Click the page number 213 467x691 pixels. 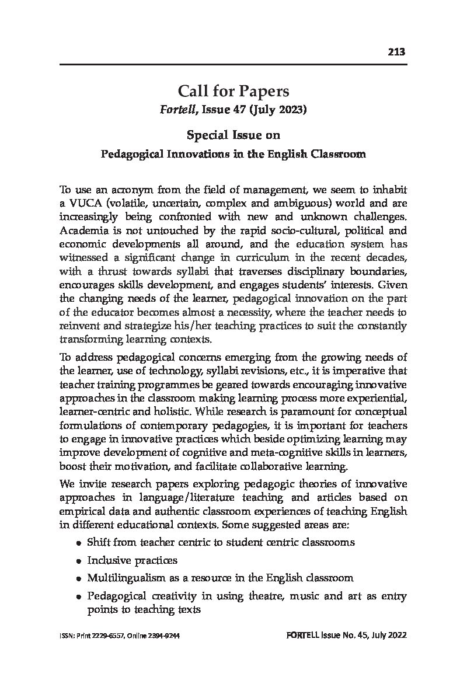point(396,53)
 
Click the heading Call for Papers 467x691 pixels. point(233,91)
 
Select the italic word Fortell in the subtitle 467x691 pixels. point(177,110)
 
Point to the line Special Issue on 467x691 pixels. point(233,135)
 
